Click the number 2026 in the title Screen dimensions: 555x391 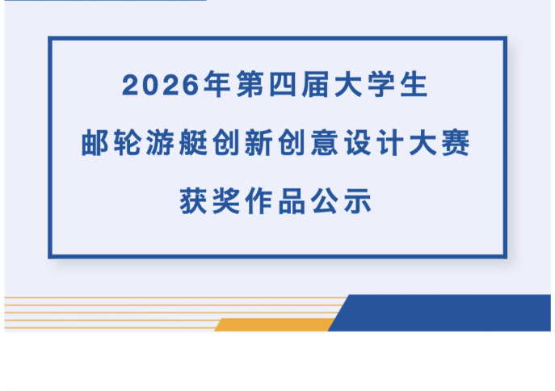(x=161, y=85)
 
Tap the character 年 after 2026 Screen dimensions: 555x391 (x=217, y=84)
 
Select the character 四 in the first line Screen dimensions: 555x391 (x=283, y=84)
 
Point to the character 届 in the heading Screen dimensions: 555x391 (x=315, y=84)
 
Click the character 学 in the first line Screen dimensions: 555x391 (x=381, y=84)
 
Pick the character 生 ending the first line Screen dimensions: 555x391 (x=414, y=84)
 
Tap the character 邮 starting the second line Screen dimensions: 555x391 (x=95, y=143)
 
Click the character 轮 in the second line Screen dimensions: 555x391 (x=128, y=143)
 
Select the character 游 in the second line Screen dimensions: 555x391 (x=160, y=143)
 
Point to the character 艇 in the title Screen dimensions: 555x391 (x=193, y=143)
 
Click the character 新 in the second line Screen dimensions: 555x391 (x=259, y=143)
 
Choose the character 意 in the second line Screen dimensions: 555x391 (x=325, y=143)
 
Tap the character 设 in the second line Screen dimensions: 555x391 (x=358, y=143)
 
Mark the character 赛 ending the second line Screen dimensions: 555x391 (x=456, y=143)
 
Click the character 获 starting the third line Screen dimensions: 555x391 (x=193, y=201)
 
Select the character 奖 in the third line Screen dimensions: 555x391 (x=226, y=201)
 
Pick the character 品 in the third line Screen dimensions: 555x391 (x=292, y=201)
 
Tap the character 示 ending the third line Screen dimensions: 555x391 (x=358, y=201)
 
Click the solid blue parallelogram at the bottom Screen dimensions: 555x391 (x=439, y=313)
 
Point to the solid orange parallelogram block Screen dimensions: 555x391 (x=275, y=325)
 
